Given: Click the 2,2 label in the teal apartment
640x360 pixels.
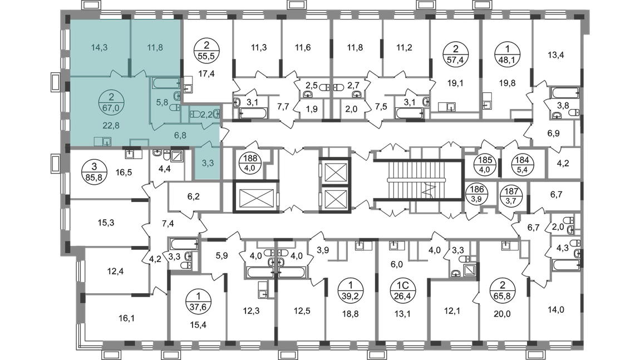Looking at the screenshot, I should point(206,114).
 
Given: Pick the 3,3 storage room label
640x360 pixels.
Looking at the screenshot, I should point(206,163).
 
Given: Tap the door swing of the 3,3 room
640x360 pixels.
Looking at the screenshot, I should point(207,144).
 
